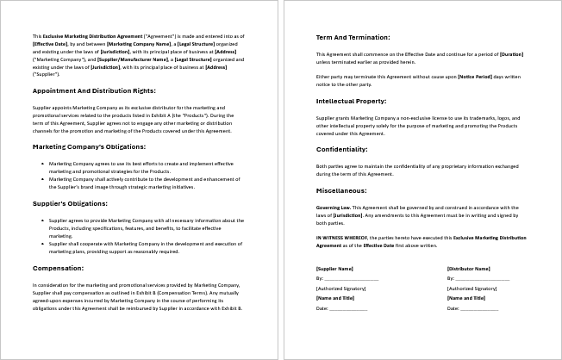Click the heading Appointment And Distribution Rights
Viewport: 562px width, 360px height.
[94, 90]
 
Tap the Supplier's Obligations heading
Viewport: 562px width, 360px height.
[70, 204]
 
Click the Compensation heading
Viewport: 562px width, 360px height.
[58, 268]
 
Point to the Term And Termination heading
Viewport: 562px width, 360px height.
[353, 38]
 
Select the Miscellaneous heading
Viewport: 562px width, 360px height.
[341, 190]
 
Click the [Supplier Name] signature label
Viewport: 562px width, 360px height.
[334, 269]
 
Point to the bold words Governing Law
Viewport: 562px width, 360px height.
[334, 208]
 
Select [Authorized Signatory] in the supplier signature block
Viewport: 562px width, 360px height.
[340, 289]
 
